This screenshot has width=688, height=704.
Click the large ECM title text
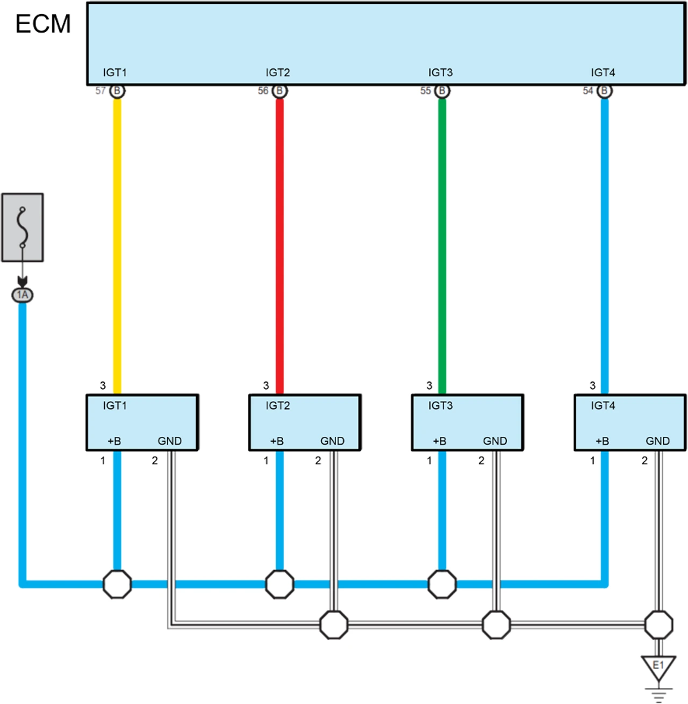pos(43,24)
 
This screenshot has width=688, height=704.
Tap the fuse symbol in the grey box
pos(23,227)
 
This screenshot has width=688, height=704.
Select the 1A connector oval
pos(23,294)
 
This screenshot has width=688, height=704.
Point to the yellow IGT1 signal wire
pos(117,242)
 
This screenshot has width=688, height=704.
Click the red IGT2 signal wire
pos(279,242)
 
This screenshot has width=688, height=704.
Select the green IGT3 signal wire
pos(442,242)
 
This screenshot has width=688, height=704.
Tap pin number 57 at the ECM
pos(101,91)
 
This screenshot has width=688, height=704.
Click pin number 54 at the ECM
pos(588,91)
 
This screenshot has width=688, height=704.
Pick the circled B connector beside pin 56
pos(279,91)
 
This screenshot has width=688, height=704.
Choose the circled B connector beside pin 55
pos(442,91)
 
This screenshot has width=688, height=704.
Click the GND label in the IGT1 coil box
pos(170,441)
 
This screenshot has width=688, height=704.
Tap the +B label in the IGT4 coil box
pos(603,441)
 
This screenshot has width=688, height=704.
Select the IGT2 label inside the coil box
pos(278,406)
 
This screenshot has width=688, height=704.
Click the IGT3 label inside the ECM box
pos(440,73)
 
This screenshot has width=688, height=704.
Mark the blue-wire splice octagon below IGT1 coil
pos(117,584)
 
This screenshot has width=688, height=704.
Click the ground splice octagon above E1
pos(658,624)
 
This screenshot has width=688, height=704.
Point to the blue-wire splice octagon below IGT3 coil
pos(442,584)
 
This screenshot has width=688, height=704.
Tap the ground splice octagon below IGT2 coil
pos(334,624)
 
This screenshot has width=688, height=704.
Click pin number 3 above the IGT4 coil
pos(592,385)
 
